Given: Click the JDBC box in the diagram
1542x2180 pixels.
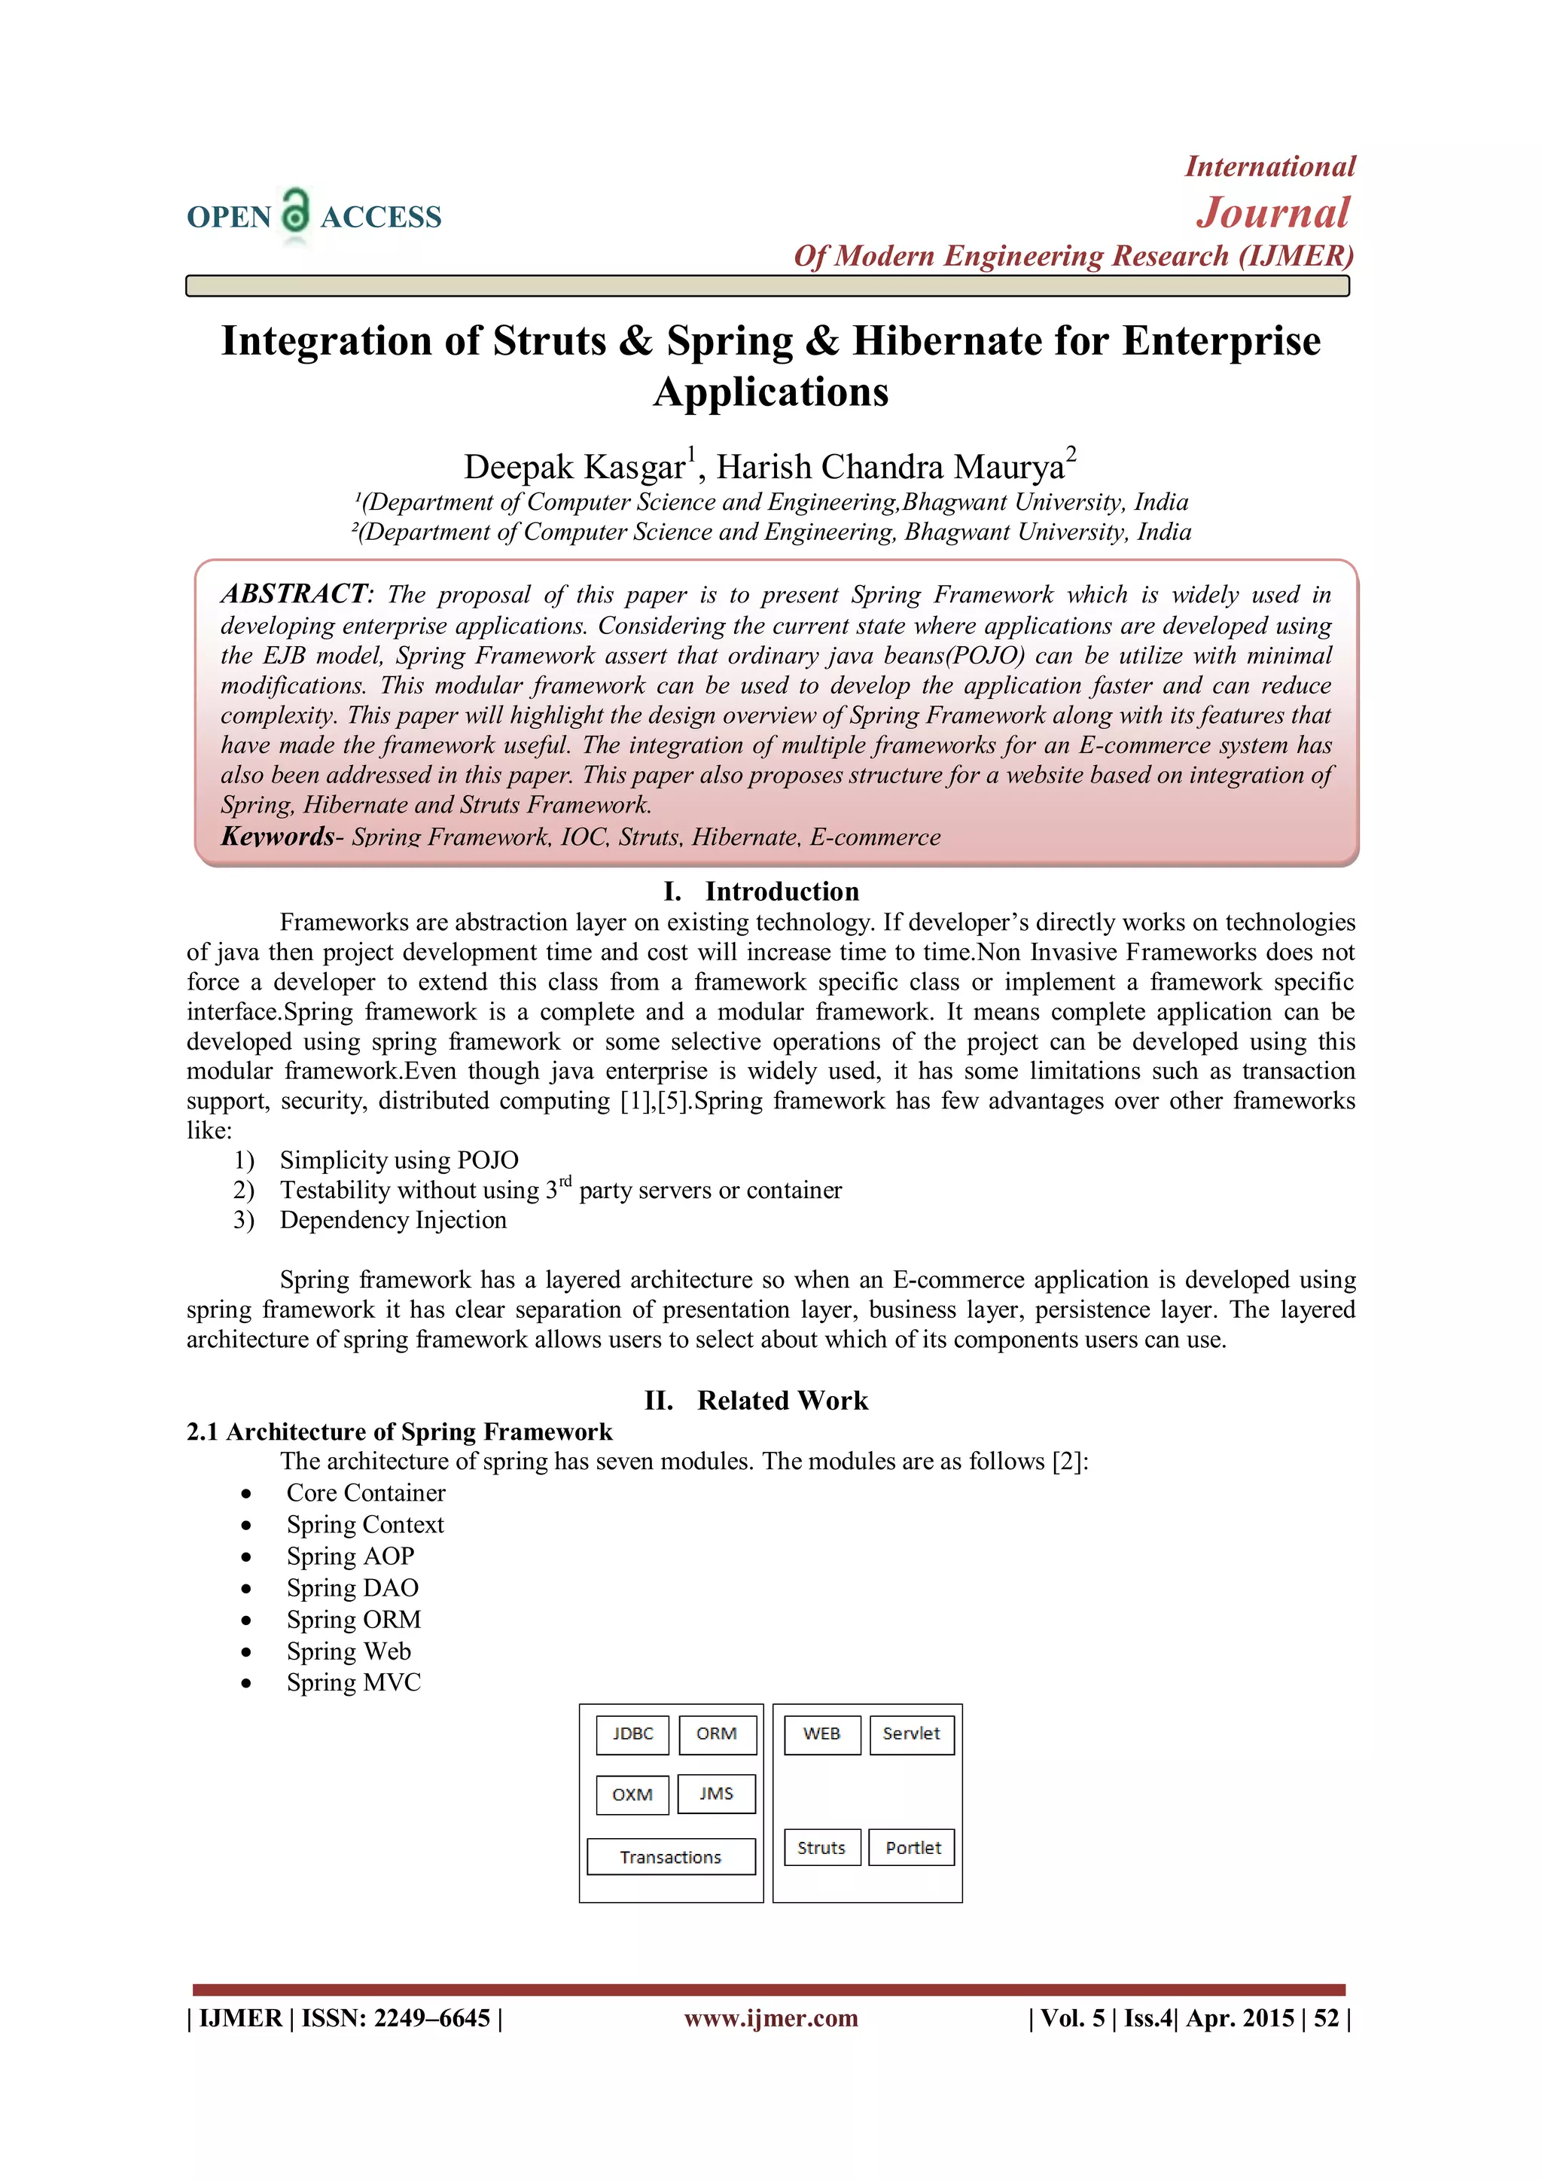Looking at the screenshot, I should pyautogui.click(x=632, y=1733).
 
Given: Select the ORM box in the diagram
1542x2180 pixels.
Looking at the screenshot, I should pyautogui.click(x=717, y=1733).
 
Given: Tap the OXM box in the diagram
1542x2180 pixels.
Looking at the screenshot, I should pyautogui.click(x=632, y=1794).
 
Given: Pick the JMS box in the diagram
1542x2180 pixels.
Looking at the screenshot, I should pyautogui.click(x=717, y=1794).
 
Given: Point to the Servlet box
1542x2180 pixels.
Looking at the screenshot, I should pyautogui.click(x=912, y=1733).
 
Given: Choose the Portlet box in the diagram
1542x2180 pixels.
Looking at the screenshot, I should pyautogui.click(x=912, y=1848).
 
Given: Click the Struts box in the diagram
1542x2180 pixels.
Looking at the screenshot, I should pyautogui.click(x=821, y=1848).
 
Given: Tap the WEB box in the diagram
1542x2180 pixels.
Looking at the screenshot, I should pyautogui.click(x=821, y=1733).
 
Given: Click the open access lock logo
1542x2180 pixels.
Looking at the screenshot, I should pyautogui.click(x=296, y=212).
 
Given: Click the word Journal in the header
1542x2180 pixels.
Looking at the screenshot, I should pyautogui.click(x=1272, y=212).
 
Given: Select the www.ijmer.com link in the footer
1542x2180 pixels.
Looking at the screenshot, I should pyautogui.click(x=771, y=2017).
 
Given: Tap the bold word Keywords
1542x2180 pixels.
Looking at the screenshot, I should pyautogui.click(x=277, y=837).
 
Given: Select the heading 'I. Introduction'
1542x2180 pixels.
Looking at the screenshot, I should pyautogui.click(x=761, y=892).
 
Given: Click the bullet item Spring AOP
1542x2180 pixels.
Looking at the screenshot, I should pyautogui.click(x=350, y=1556).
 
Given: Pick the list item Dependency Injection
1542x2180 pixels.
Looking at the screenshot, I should pyautogui.click(x=393, y=1220).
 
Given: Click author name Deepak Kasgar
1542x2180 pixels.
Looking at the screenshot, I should pyautogui.click(x=574, y=467).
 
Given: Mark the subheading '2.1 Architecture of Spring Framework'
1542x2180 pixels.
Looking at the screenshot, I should pyautogui.click(x=399, y=1431).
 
